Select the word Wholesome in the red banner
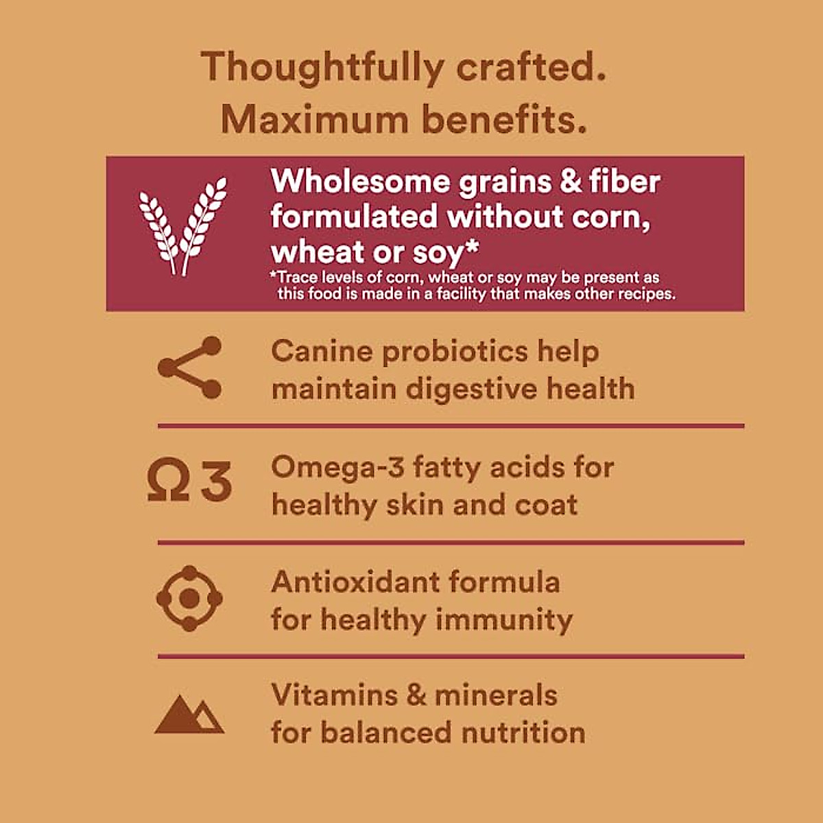pos(360,182)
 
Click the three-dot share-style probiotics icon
pos(190,368)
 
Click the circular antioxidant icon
pos(189,599)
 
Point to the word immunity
pos(504,620)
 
